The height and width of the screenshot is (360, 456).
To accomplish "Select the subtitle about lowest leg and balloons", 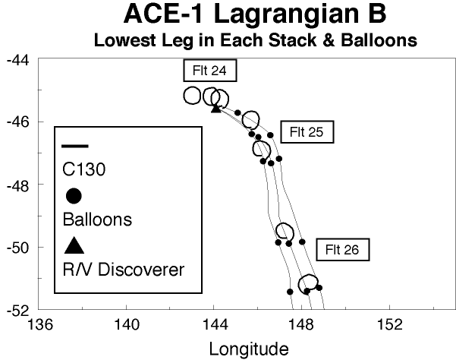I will click(255, 40).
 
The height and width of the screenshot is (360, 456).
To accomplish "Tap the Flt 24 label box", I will click(209, 71).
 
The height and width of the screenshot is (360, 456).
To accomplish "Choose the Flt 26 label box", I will click(342, 248).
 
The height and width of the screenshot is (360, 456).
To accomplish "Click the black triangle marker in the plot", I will click(215, 108).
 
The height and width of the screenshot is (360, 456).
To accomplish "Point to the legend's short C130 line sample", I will click(74, 146).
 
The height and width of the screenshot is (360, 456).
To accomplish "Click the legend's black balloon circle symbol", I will click(74, 196).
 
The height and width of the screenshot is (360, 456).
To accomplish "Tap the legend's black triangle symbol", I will click(74, 245).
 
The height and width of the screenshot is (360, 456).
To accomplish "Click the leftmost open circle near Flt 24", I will click(192, 95).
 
